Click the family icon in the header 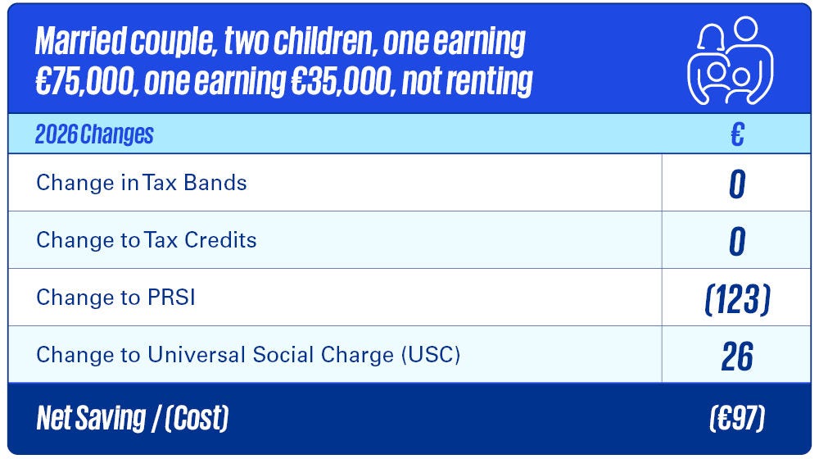coord(731,60)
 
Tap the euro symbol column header coord(737,134)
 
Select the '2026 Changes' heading coord(94,134)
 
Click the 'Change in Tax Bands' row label coord(142,183)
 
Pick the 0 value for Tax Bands coord(737,184)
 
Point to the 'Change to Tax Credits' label coord(147,240)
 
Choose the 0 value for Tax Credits coord(737,242)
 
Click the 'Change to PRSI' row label coord(115,298)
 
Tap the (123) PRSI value coord(738,299)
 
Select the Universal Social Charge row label coord(248,355)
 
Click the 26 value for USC coord(737,357)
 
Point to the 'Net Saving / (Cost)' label coord(133,418)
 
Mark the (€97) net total coord(737,418)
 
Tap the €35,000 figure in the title coord(342,81)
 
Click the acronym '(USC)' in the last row coord(431,355)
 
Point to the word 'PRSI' coord(171,298)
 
